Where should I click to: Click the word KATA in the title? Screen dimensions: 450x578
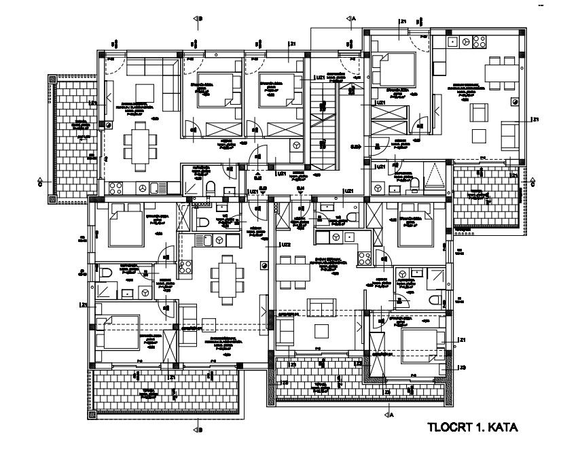tap(504, 428)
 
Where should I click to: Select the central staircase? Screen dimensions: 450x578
tap(325, 126)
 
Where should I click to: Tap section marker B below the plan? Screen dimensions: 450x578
tap(198, 430)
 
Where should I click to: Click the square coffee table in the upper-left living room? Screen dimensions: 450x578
tap(145, 92)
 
